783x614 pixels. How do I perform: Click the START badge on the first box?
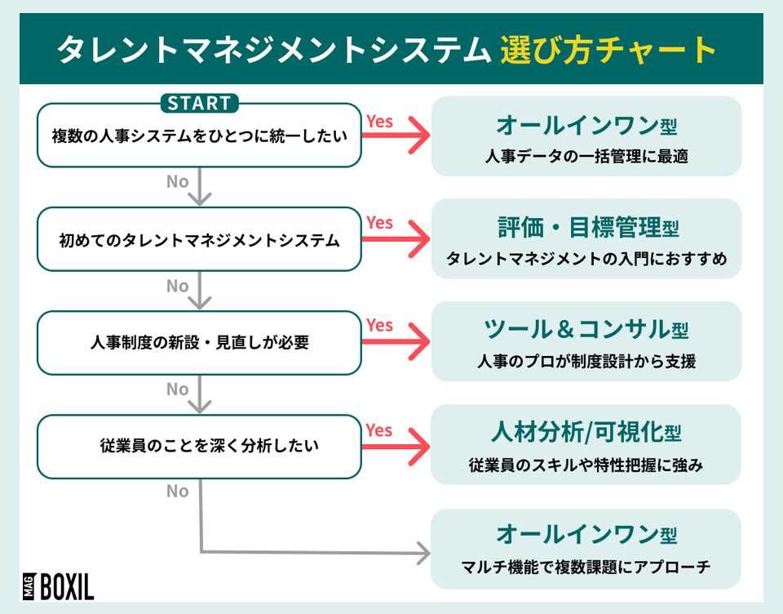click(x=199, y=104)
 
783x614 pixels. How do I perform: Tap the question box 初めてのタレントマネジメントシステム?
click(x=199, y=240)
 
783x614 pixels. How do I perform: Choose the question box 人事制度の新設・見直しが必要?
click(x=199, y=343)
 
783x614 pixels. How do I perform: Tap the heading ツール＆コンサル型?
click(x=586, y=330)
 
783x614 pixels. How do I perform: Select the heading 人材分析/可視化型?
click(x=586, y=433)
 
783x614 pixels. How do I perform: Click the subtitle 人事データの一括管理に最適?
click(x=586, y=155)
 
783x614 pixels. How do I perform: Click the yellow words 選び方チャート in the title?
click(x=608, y=50)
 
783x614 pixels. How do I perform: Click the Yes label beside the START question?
click(x=379, y=121)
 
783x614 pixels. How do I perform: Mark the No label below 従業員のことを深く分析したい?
click(x=178, y=491)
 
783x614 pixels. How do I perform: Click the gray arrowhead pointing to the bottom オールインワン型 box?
click(x=422, y=554)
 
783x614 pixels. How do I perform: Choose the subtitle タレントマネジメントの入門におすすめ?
click(x=586, y=259)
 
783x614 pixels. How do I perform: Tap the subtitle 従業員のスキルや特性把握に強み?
click(x=586, y=465)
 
